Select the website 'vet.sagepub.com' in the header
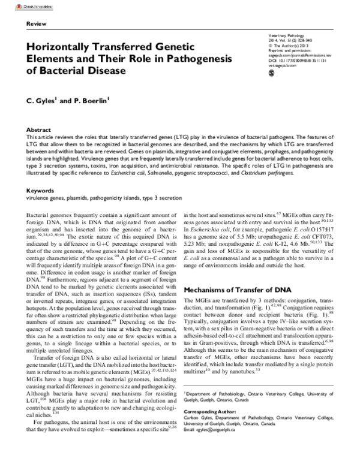284,67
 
